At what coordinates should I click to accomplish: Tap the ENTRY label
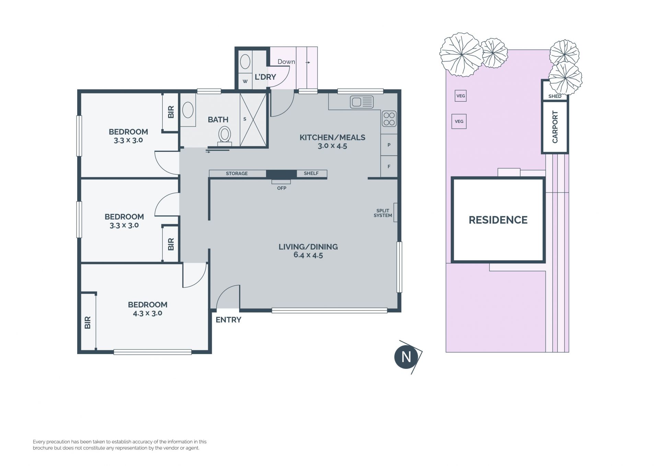(228, 320)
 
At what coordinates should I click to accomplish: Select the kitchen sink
(362, 102)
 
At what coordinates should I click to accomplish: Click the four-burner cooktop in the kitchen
(389, 119)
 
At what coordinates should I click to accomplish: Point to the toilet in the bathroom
(225, 136)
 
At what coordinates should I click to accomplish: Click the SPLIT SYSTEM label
(383, 213)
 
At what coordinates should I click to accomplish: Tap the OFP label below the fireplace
(281, 188)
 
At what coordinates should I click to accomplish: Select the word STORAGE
(236, 173)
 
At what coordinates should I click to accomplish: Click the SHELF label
(311, 173)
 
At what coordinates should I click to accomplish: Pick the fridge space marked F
(389, 167)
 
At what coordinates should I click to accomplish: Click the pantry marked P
(389, 145)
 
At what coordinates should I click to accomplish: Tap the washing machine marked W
(245, 81)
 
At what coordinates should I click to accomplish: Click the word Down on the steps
(286, 62)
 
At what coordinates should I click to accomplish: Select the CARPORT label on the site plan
(555, 127)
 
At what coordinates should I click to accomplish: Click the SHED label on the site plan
(555, 96)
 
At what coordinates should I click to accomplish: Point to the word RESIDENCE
(498, 220)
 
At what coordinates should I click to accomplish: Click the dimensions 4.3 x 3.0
(148, 313)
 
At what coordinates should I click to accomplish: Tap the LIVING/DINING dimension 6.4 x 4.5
(308, 255)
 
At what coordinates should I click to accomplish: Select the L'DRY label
(265, 77)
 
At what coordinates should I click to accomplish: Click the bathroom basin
(188, 110)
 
